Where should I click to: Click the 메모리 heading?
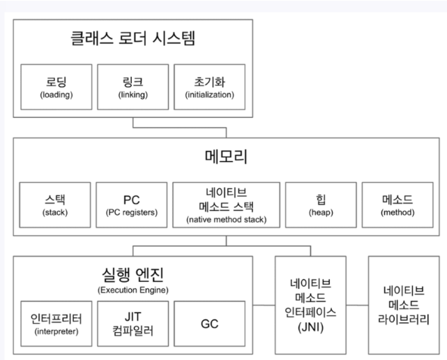tap(227, 156)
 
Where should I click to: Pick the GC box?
tap(209, 324)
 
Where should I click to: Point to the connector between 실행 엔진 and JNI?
tap(264, 305)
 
